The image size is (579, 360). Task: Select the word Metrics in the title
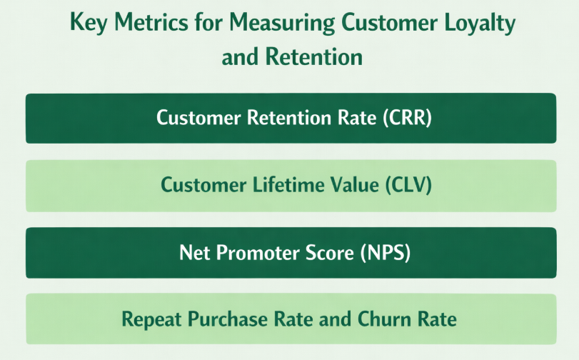click(x=146, y=23)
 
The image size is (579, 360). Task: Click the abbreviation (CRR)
click(x=408, y=118)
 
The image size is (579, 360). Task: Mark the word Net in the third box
click(x=193, y=252)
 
